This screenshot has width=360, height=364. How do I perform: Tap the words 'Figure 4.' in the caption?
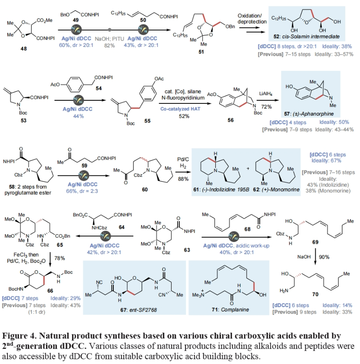20,336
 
